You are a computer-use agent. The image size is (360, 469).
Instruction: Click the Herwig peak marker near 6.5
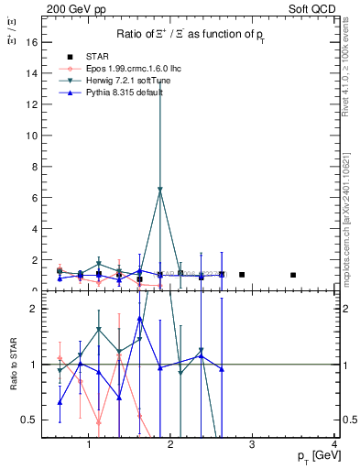(160, 190)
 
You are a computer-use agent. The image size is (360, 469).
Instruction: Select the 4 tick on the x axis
(335, 445)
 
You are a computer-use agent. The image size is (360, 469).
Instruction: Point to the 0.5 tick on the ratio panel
(30, 420)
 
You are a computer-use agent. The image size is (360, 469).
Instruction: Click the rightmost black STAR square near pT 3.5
(293, 275)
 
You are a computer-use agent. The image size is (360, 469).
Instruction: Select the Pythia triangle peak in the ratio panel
(139, 319)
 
